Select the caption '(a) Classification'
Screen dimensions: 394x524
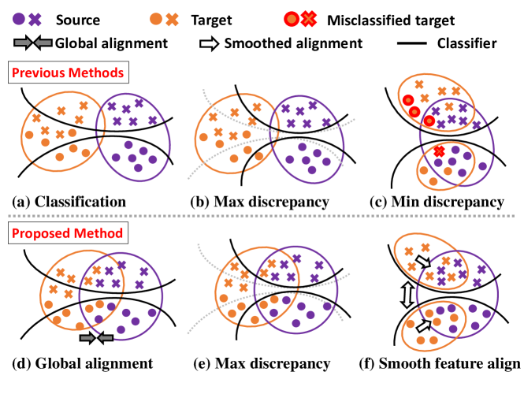point(69,202)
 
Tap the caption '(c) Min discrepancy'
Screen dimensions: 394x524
point(437,202)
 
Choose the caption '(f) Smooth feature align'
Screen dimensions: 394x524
point(449,363)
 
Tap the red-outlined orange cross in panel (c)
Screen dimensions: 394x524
point(439,151)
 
